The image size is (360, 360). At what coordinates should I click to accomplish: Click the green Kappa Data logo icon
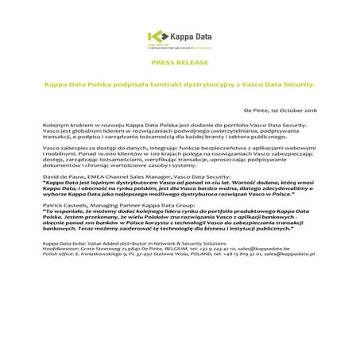pos(163,37)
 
